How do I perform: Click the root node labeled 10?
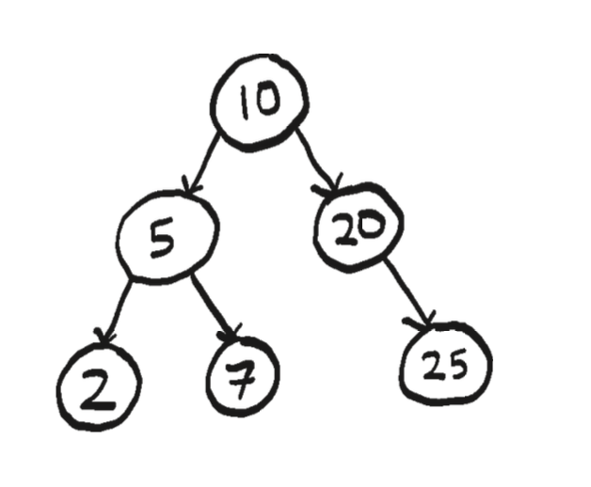[x=260, y=102]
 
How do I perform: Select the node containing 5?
[x=168, y=237]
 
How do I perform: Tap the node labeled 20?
[x=359, y=228]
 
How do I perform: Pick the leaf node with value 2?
[x=99, y=386]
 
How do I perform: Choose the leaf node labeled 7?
[x=243, y=375]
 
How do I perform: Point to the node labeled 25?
[x=445, y=364]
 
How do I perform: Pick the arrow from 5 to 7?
[x=214, y=306]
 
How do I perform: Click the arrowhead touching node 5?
[x=190, y=185]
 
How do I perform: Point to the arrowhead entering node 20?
[x=329, y=185]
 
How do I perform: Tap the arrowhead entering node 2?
[x=104, y=336]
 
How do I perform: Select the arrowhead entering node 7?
[x=230, y=333]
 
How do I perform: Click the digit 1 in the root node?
[x=245, y=102]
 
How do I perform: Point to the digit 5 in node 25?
[x=456, y=364]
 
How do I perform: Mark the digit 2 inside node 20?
[x=345, y=229]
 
